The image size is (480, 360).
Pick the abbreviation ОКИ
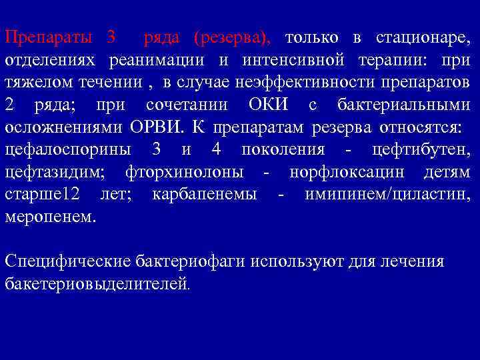tap(269, 105)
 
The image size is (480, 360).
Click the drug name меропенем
tap(50, 217)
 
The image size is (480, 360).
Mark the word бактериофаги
tap(190, 261)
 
